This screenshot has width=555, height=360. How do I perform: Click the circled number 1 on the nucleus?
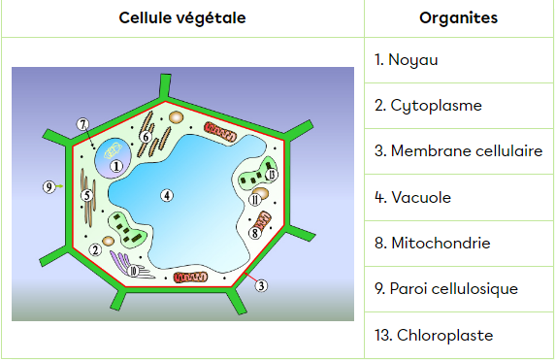tap(116, 166)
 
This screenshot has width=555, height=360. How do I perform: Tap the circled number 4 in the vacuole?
tap(167, 195)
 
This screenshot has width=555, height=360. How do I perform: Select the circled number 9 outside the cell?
tap(49, 186)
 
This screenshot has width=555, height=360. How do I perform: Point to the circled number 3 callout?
tap(261, 285)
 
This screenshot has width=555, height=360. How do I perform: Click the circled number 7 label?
tap(82, 124)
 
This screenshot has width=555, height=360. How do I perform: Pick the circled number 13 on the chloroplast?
tap(272, 174)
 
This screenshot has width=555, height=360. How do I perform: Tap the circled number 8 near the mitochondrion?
tap(255, 233)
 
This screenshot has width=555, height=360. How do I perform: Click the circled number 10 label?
tap(133, 272)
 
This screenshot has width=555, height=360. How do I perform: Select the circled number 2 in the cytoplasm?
tap(95, 250)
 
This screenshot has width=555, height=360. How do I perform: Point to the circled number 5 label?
tap(87, 195)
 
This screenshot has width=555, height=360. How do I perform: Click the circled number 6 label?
tap(146, 137)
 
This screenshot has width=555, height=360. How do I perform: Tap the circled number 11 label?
tap(255, 200)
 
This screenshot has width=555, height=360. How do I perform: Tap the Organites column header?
tap(459, 18)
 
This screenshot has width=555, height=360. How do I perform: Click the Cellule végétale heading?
tap(182, 18)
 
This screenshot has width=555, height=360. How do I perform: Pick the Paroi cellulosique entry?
tap(446, 289)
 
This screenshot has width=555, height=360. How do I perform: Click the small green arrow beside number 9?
tap(59, 186)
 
